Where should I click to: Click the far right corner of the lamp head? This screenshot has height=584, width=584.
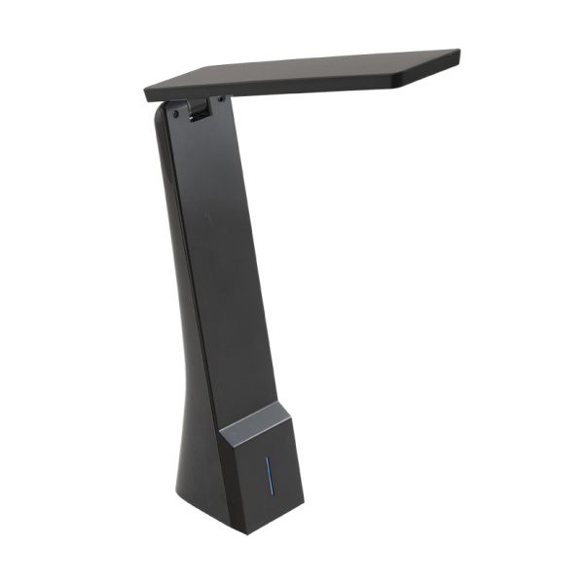[x=458, y=54]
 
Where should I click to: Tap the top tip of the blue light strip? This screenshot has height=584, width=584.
[x=269, y=465]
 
